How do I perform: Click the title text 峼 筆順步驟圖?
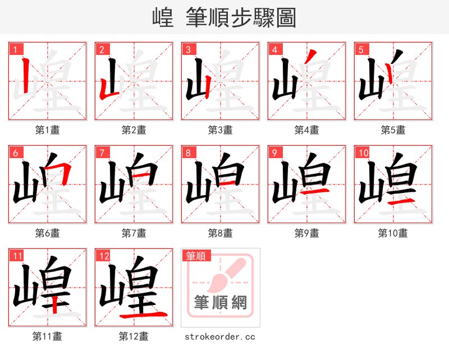(224, 18)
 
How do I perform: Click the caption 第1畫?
(47, 130)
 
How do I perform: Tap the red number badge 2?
(102, 49)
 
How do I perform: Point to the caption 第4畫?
(306, 130)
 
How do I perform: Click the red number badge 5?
(361, 49)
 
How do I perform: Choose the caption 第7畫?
(134, 233)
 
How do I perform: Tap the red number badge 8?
(188, 153)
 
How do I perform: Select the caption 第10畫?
(393, 233)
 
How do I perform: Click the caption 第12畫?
(134, 336)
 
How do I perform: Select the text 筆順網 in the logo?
(220, 303)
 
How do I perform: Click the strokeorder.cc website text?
(220, 336)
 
